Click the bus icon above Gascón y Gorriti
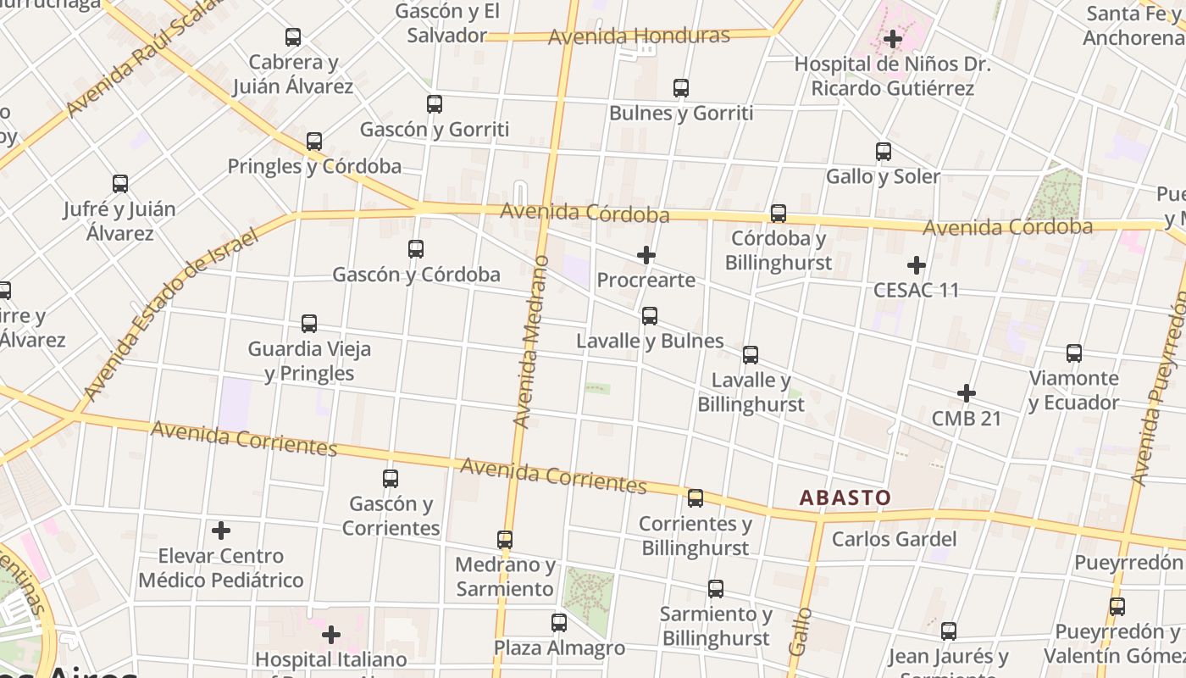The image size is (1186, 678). [x=435, y=104]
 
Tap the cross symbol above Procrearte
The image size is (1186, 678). [x=646, y=254]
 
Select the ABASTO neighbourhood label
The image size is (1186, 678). [x=845, y=497]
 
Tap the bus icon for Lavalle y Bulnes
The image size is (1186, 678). [x=650, y=316]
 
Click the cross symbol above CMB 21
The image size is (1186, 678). [x=967, y=393]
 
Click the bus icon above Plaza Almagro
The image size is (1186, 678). [x=559, y=623]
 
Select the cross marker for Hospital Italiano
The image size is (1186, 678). [x=331, y=634]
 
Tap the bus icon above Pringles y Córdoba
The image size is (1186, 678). [x=314, y=142]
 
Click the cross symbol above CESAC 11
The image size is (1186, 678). [x=916, y=265]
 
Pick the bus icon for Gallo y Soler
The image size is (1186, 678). [x=884, y=152]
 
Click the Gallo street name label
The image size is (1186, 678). [x=799, y=631]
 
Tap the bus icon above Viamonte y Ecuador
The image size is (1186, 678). [x=1074, y=353]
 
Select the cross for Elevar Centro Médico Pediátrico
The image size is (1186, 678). [x=221, y=531]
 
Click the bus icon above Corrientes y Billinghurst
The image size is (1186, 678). [x=696, y=498]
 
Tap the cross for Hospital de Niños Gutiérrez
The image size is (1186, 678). [x=893, y=39]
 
